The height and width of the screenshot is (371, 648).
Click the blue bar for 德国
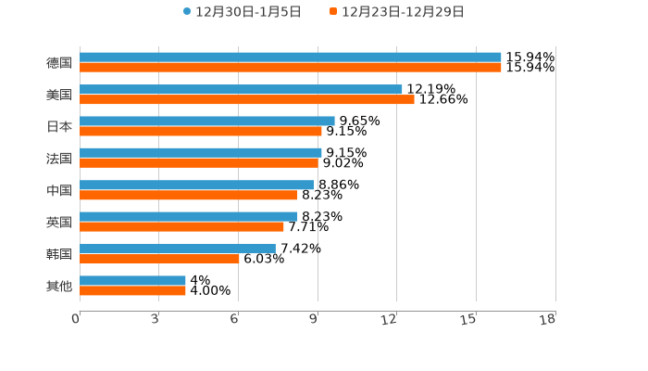[x=290, y=58]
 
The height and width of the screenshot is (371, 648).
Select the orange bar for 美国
[x=246, y=99]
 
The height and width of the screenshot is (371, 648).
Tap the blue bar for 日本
[x=206, y=121]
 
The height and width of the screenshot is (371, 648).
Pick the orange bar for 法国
[x=199, y=163]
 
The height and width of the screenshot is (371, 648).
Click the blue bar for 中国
[x=196, y=185]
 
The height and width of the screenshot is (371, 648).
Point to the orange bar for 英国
[x=181, y=226]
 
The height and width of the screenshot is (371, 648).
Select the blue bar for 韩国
[x=177, y=249]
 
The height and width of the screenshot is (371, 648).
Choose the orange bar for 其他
[x=132, y=290]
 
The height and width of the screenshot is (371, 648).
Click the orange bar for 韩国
[x=159, y=259]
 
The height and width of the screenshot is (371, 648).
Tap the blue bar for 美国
[x=241, y=89]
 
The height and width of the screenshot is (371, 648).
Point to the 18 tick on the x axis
[x=548, y=320]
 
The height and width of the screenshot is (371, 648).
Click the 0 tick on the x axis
[x=76, y=320]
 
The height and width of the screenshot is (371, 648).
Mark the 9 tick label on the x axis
[x=313, y=320]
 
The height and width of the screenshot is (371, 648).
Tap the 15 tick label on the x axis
[x=469, y=320]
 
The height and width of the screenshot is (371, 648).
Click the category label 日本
[x=59, y=126]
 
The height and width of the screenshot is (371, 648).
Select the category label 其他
[x=59, y=286]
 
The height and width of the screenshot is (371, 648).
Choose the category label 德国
[x=59, y=62]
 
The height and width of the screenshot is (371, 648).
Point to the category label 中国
[x=59, y=190]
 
